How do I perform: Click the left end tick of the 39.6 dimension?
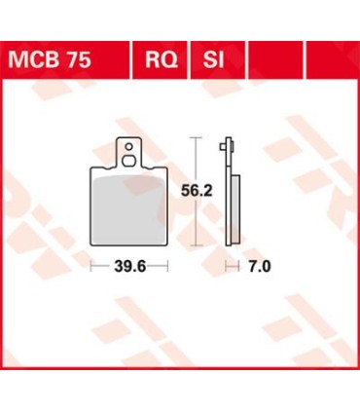click(92, 265)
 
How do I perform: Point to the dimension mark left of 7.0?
click(230, 265)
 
